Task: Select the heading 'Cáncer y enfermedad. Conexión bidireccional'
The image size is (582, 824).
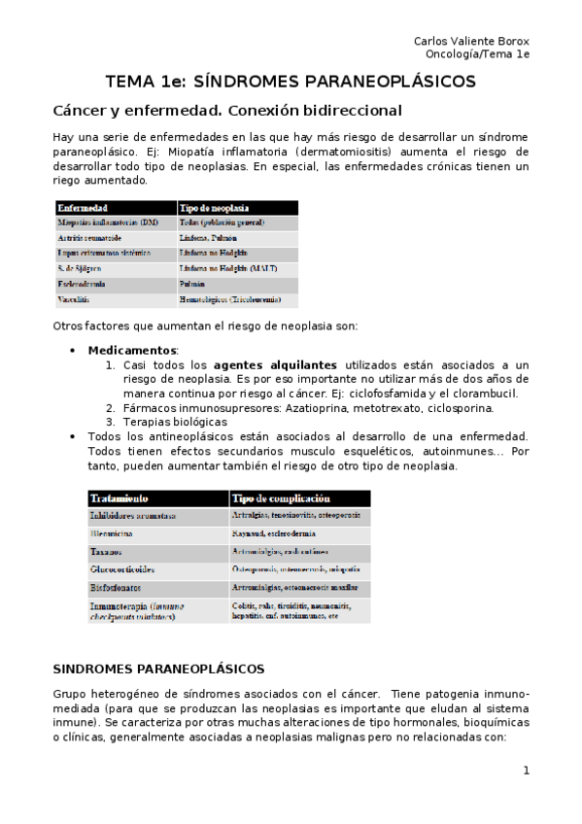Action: [x=226, y=111]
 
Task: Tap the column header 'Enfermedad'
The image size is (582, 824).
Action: [x=84, y=208]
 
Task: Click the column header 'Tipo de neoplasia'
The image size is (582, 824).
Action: [x=214, y=208]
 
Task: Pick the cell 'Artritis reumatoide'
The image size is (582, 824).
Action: [x=95, y=237]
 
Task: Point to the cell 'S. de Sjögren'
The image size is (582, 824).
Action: [x=80, y=268]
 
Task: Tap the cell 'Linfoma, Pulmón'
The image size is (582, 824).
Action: [x=208, y=237]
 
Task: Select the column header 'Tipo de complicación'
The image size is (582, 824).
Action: [x=275, y=498]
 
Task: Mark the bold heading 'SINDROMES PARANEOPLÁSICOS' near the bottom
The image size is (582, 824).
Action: [x=158, y=669]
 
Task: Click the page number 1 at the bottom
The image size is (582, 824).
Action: [x=526, y=771]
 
